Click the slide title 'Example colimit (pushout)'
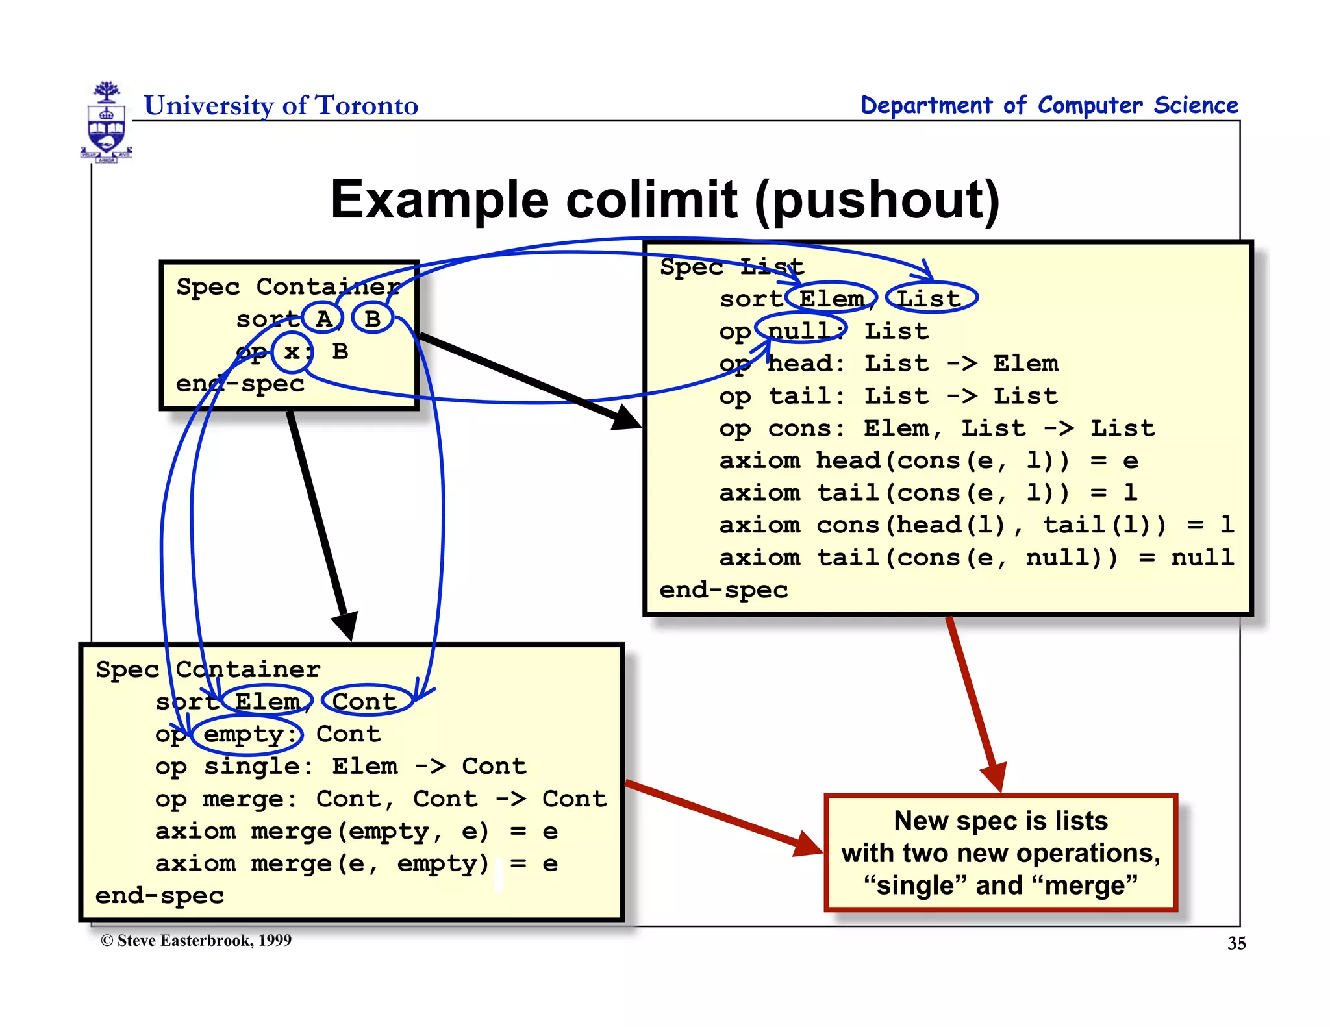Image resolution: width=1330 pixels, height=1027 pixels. pos(664,200)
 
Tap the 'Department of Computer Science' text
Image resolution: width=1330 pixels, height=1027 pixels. pos(1049,105)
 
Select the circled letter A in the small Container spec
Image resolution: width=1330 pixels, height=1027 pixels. pos(323,318)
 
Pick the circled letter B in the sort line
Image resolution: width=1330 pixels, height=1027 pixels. pos(372,318)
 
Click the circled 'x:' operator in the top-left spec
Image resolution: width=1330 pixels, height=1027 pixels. pos(292,351)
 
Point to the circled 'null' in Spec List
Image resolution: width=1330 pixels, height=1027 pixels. pos(801,330)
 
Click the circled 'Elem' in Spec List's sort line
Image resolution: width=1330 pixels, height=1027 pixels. pos(831,299)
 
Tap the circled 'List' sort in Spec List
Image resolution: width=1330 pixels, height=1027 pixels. pos(931,299)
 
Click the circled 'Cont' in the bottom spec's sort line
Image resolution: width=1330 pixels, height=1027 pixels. pos(366,701)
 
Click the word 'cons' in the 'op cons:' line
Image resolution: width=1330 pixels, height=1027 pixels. pos(800,428)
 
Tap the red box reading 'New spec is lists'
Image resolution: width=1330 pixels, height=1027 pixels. pos(1000,852)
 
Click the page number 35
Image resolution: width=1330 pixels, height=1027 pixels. pos(1236,943)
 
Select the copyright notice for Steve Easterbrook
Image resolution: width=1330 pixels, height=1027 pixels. pos(196,941)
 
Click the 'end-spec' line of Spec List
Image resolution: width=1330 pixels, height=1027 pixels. pos(723,589)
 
